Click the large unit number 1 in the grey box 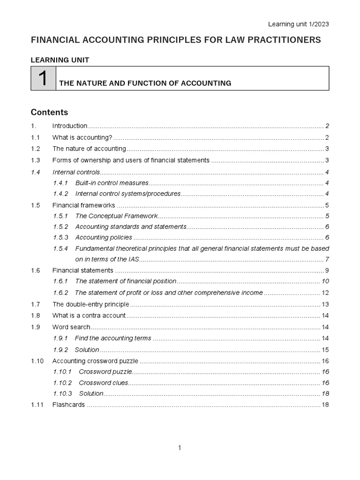pyautogui.click(x=43, y=79)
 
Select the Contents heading pyautogui.click(x=49, y=112)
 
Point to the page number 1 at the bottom pyautogui.click(x=180, y=448)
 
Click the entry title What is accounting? pyautogui.click(x=82, y=137)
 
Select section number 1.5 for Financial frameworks pyautogui.click(x=36, y=205)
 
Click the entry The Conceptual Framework pyautogui.click(x=116, y=216)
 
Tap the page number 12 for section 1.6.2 pyautogui.click(x=325, y=293)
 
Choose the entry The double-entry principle pyautogui.click(x=90, y=304)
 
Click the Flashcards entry pyautogui.click(x=68, y=405)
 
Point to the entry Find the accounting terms pyautogui.click(x=113, y=338)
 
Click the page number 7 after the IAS pyautogui.click(x=327, y=260)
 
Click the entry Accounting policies pyautogui.click(x=104, y=238)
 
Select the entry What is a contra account pyautogui.click(x=89, y=315)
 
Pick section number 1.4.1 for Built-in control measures pyautogui.click(x=60, y=183)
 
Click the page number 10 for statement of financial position pyautogui.click(x=325, y=281)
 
